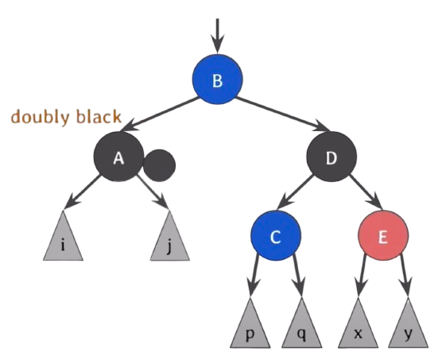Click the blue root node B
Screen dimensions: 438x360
[217, 79]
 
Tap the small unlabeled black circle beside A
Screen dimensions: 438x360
[160, 165]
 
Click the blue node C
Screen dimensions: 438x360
[276, 235]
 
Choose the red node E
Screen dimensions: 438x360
[383, 235]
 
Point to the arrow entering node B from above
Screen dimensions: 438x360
[217, 36]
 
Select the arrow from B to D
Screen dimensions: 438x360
[283, 114]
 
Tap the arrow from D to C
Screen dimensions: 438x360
[295, 192]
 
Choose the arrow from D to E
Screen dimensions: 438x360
[366, 192]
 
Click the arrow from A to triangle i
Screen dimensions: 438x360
[82, 192]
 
